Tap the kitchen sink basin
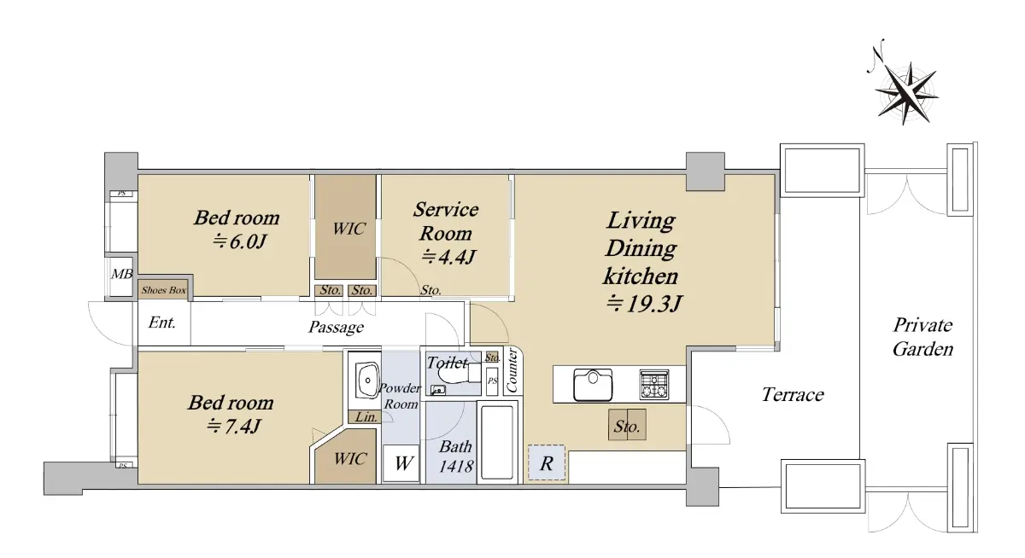[593, 385]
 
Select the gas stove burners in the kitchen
[654, 385]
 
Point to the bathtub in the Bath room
[497, 441]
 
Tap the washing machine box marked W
[401, 463]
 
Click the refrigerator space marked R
[547, 462]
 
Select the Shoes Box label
[163, 290]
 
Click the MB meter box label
[121, 274]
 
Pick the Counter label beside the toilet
[512, 370]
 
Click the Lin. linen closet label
[366, 416]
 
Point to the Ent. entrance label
[162, 323]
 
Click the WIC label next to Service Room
[348, 229]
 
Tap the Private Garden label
[922, 337]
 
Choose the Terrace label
[793, 394]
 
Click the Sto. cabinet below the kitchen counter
[627, 425]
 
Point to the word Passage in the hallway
[336, 328]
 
